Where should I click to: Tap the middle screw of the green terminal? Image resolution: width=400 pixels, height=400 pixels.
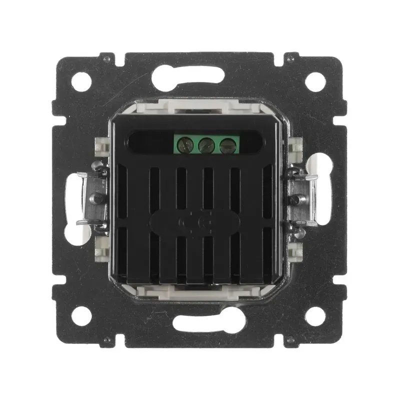click(x=204, y=145)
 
